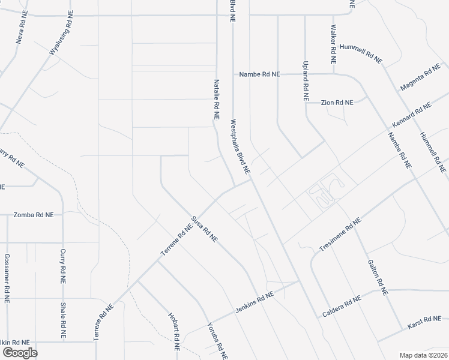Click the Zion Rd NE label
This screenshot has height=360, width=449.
[337, 103]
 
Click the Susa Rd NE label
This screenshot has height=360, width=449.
[204, 229]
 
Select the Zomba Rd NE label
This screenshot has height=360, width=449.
[34, 214]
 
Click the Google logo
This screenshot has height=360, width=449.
[19, 352]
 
